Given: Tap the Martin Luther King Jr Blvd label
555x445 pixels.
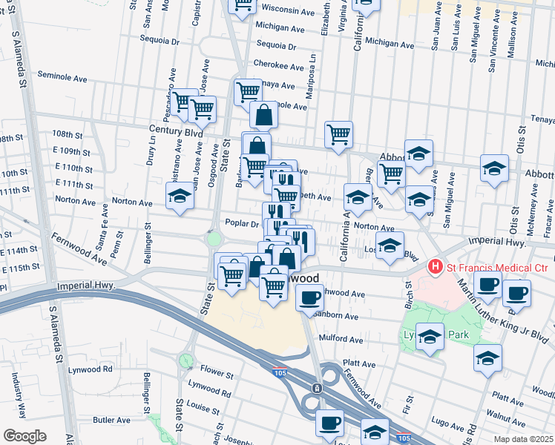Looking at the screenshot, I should [x=505, y=311].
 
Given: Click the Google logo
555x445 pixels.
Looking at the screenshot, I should [x=24, y=436].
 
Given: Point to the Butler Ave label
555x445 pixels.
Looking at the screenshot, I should [x=112, y=420].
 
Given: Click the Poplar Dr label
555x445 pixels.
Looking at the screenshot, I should [x=242, y=223].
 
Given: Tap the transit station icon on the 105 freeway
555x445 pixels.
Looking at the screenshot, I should [x=317, y=388].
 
